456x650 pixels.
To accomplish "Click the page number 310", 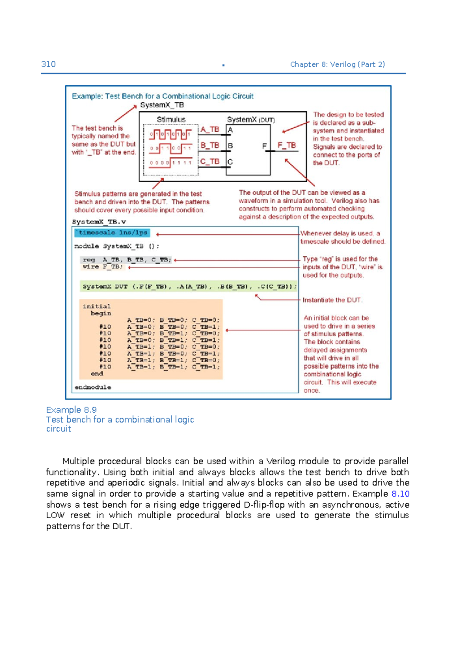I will [x=48, y=64].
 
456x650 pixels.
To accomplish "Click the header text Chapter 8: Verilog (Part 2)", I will [x=337, y=64].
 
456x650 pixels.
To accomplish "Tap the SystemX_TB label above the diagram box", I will [x=162, y=105].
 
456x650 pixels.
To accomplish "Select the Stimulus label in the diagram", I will [x=171, y=120].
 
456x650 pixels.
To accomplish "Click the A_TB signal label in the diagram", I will [x=210, y=129].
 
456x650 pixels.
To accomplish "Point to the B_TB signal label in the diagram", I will [x=210, y=145].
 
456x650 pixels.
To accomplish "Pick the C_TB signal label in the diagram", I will [x=210, y=161].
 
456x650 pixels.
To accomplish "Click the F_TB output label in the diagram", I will [x=287, y=145].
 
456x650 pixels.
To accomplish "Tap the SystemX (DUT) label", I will [x=251, y=120].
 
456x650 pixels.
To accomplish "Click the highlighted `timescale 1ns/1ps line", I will [x=112, y=233].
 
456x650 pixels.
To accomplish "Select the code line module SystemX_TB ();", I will [x=117, y=246].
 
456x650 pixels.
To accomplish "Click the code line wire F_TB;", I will [x=103, y=267].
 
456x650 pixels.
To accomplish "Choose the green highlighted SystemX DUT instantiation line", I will [x=189, y=287].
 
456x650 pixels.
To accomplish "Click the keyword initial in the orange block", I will [x=97, y=306].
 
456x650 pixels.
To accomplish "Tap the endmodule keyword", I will [x=93, y=387].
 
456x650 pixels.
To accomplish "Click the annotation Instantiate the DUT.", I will [x=332, y=300].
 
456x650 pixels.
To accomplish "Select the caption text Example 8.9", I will [x=71, y=410].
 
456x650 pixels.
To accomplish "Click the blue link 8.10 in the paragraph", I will [x=400, y=494].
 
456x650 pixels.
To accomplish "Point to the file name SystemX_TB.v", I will [x=99, y=222].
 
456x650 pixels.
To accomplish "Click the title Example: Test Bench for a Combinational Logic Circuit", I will [x=163, y=96].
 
